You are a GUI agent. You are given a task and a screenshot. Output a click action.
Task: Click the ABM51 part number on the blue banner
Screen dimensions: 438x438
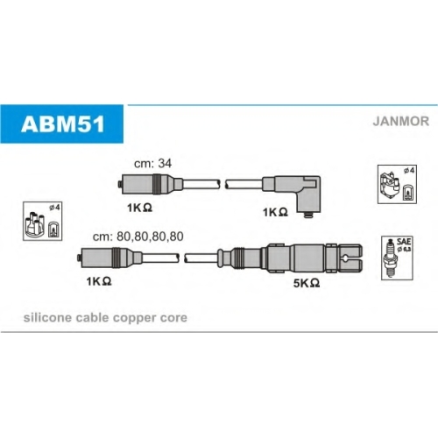(x=62, y=124)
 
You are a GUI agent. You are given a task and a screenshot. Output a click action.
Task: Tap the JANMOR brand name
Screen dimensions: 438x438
(x=400, y=121)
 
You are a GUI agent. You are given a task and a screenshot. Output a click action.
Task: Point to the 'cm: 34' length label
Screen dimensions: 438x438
(x=152, y=164)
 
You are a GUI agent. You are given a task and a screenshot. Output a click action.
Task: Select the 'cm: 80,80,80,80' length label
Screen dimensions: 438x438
(x=138, y=237)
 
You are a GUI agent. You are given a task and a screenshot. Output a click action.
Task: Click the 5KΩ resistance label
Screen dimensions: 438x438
(x=307, y=283)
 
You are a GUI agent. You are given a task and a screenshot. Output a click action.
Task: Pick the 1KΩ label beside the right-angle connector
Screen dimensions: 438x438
(x=275, y=212)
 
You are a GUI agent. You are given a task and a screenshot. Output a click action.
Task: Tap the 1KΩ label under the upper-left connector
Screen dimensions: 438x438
(x=139, y=208)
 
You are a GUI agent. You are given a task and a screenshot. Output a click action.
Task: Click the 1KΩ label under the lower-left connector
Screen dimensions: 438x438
(x=99, y=281)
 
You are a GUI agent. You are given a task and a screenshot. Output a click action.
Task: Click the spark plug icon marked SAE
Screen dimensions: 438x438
(x=391, y=258)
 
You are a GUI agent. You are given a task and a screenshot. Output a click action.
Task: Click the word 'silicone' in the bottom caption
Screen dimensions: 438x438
(x=47, y=318)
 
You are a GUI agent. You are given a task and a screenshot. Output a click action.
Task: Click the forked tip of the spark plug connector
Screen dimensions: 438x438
(x=350, y=258)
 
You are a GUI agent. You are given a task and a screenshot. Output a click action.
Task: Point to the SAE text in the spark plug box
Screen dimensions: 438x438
(x=404, y=242)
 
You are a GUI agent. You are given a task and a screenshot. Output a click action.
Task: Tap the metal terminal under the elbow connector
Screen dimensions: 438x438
(x=308, y=215)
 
